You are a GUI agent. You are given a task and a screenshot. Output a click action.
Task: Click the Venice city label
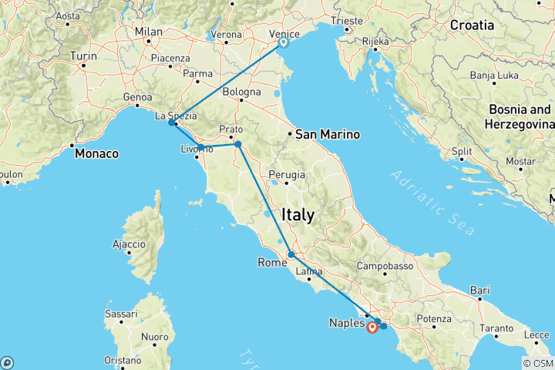point(285,33)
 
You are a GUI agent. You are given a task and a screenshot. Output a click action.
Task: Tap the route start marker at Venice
point(283,43)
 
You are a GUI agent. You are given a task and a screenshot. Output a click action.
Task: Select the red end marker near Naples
point(372,328)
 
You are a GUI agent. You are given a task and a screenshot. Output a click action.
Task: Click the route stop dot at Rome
point(291,254)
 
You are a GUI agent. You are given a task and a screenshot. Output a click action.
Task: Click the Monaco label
point(97,153)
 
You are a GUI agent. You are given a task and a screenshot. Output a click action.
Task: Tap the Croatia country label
point(473,25)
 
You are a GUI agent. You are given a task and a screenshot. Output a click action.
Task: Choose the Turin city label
point(83,56)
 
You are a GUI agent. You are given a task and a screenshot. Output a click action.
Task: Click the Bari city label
point(479,291)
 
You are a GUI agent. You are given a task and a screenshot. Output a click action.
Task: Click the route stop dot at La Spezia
point(172,123)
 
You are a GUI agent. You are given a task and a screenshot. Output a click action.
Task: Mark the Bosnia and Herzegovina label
point(519,116)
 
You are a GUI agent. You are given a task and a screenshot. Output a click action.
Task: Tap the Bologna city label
point(242,91)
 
